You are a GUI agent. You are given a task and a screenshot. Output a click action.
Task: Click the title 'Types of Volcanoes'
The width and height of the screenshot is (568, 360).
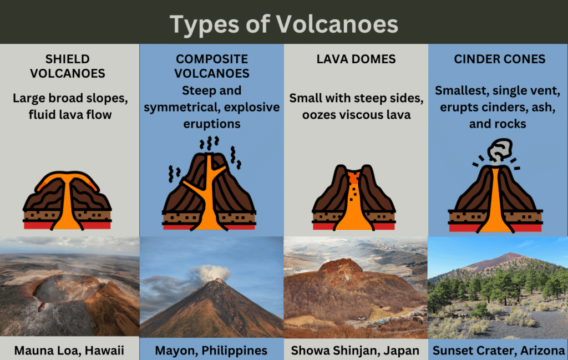(283, 24)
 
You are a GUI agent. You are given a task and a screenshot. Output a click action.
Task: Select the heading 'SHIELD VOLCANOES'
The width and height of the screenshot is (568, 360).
(68, 66)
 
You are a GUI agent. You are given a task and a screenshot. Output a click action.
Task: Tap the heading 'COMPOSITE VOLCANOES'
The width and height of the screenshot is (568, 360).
(212, 66)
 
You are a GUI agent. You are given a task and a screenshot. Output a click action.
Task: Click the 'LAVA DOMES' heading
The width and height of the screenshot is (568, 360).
(356, 59)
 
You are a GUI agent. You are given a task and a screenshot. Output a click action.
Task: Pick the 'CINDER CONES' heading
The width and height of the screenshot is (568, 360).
(500, 59)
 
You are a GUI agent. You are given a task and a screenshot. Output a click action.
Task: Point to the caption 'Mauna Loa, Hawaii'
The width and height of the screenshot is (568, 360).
(69, 351)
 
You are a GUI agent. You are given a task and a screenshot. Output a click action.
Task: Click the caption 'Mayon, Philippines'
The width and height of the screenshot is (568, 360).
(211, 351)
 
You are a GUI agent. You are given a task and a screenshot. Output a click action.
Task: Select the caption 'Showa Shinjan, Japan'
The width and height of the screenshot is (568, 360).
(355, 351)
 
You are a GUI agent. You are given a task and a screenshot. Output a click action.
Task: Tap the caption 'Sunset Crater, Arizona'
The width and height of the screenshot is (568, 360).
(499, 351)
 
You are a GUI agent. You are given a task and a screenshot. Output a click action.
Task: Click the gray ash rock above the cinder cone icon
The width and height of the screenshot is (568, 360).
(500, 150)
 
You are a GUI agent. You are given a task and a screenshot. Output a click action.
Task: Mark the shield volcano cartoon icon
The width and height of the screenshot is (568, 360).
(67, 201)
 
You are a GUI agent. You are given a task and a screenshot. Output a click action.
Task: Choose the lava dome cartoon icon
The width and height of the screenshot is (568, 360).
(353, 197)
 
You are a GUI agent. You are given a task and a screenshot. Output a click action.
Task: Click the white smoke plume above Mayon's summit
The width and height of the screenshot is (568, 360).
(211, 273)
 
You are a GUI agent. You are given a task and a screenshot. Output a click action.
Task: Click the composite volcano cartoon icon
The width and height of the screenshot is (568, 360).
(209, 184)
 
